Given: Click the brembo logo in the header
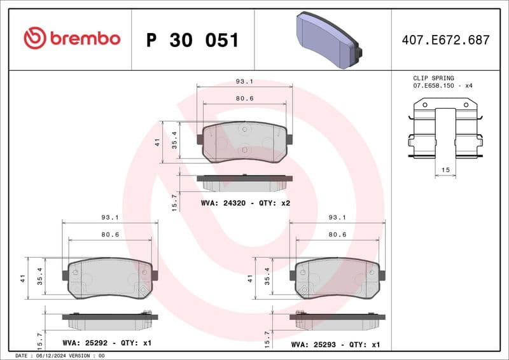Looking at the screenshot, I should pyautogui.click(x=71, y=39).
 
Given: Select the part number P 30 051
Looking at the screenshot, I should pyautogui.click(x=192, y=40).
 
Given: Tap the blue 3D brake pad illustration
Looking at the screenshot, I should pyautogui.click(x=328, y=41).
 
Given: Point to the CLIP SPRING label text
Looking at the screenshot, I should pyautogui.click(x=433, y=78).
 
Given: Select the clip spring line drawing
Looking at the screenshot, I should pyautogui.click(x=445, y=130).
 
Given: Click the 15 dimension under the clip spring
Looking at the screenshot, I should pyautogui.click(x=445, y=170).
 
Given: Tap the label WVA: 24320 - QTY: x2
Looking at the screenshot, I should pyautogui.click(x=246, y=203).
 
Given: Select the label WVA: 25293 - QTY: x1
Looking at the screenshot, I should pyautogui.click(x=335, y=343).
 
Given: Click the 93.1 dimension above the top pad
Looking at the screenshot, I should pyautogui.click(x=244, y=81).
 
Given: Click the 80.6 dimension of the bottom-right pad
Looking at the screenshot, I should pyautogui.click(x=337, y=235).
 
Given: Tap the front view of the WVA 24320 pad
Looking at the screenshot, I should pyautogui.click(x=245, y=143).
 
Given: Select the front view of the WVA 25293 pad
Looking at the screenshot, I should pyautogui.click(x=337, y=278).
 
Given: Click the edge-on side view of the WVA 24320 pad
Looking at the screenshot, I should pyautogui.click(x=245, y=183).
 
